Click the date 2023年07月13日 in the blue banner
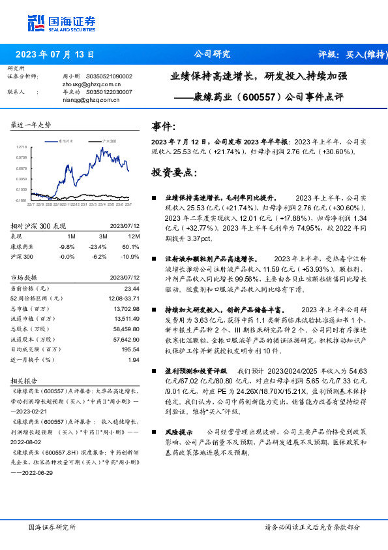[55, 54]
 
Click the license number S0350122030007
[109, 92]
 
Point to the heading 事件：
[163, 126]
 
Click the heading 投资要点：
[173, 172]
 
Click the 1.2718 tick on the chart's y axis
[22, 148]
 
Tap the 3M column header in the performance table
[103, 235]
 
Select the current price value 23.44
[132, 288]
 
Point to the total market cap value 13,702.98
[127, 308]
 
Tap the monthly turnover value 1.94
[134, 359]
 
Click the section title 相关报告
[25, 380]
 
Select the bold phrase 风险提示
[178, 432]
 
